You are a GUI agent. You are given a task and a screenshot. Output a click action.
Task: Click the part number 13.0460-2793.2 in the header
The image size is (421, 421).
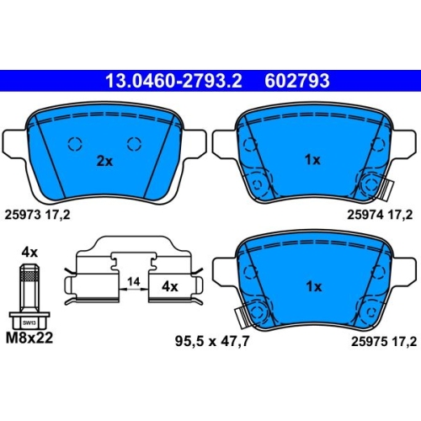(x=173, y=81)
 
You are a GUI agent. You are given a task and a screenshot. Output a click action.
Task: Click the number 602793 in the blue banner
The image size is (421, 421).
(x=297, y=81)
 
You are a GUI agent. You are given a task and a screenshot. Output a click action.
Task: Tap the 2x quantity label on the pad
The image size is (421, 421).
(x=104, y=161)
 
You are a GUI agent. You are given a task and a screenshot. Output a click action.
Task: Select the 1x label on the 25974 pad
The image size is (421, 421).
(x=312, y=160)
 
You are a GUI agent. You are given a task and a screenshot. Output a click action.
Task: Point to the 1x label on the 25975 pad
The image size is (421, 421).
(x=314, y=286)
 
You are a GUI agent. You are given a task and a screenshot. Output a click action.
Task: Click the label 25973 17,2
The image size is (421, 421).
(x=37, y=215)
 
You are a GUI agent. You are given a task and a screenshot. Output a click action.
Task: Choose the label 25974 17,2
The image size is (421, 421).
(x=380, y=215)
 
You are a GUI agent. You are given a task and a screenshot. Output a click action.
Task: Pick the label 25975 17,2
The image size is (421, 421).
(x=384, y=342)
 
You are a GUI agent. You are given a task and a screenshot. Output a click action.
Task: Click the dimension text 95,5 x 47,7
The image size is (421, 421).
(x=212, y=342)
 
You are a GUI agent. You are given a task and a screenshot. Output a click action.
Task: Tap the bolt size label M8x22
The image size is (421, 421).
(x=29, y=338)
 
